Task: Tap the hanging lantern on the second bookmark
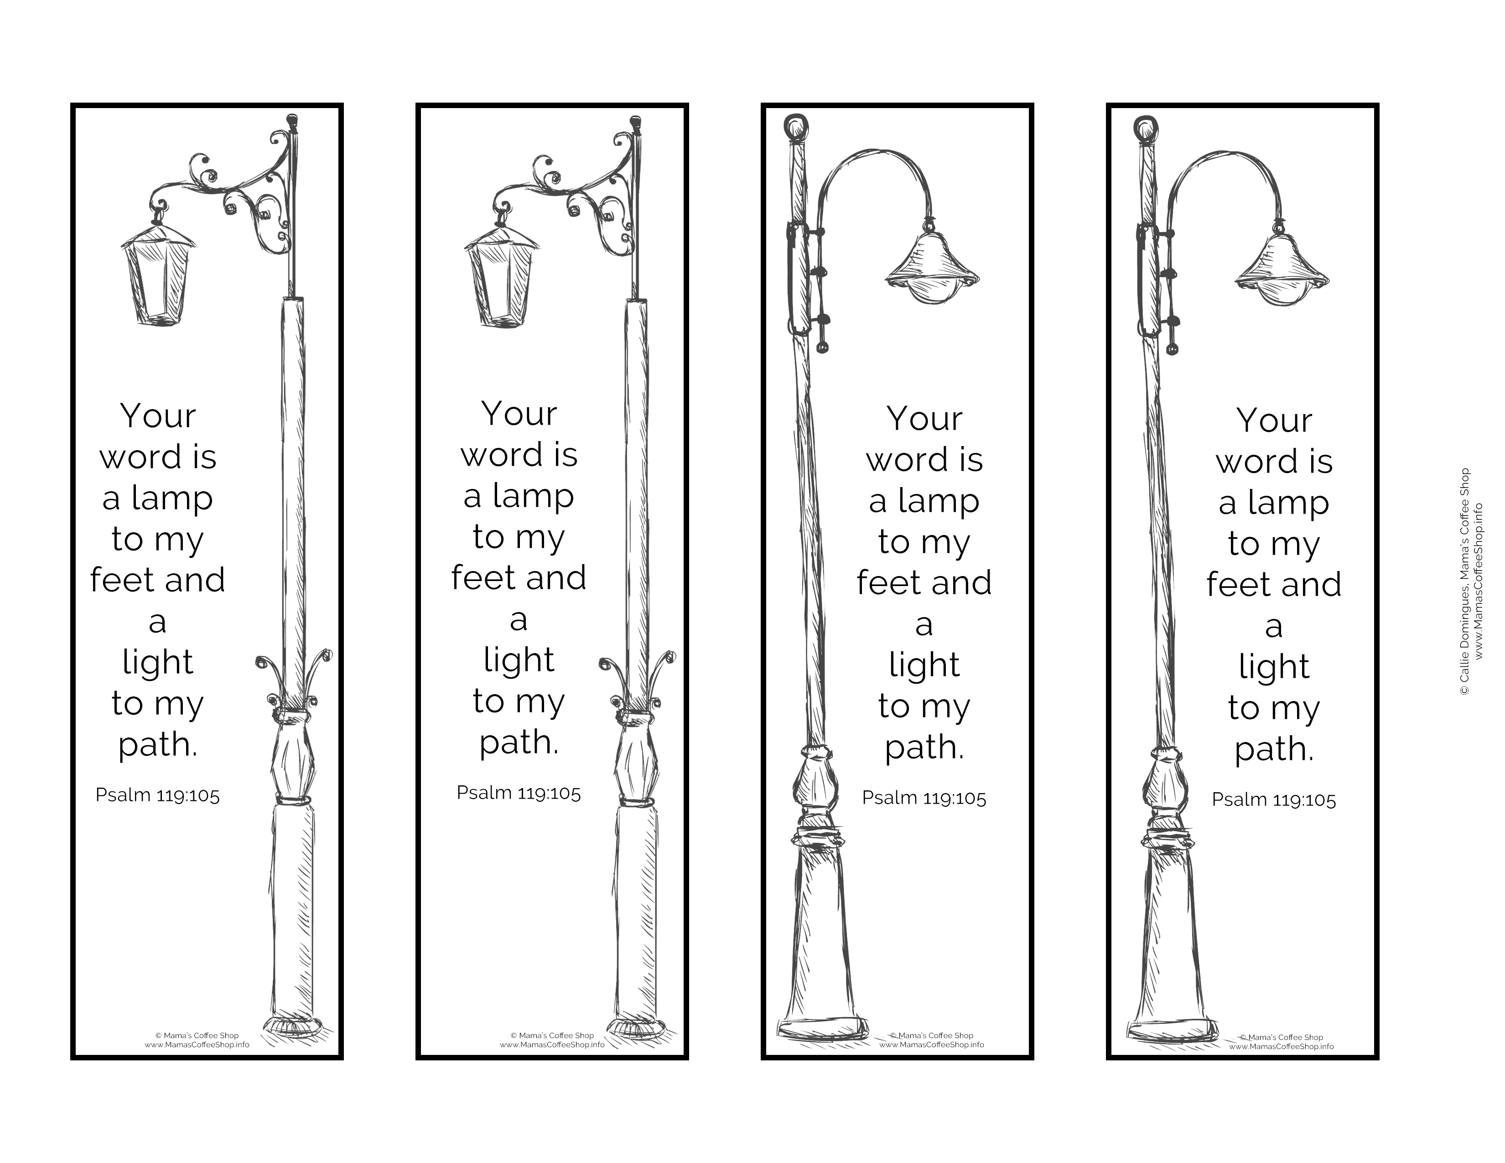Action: point(502,273)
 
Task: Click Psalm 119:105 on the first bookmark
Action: point(158,795)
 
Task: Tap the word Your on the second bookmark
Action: point(519,414)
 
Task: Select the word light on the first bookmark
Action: point(158,663)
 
